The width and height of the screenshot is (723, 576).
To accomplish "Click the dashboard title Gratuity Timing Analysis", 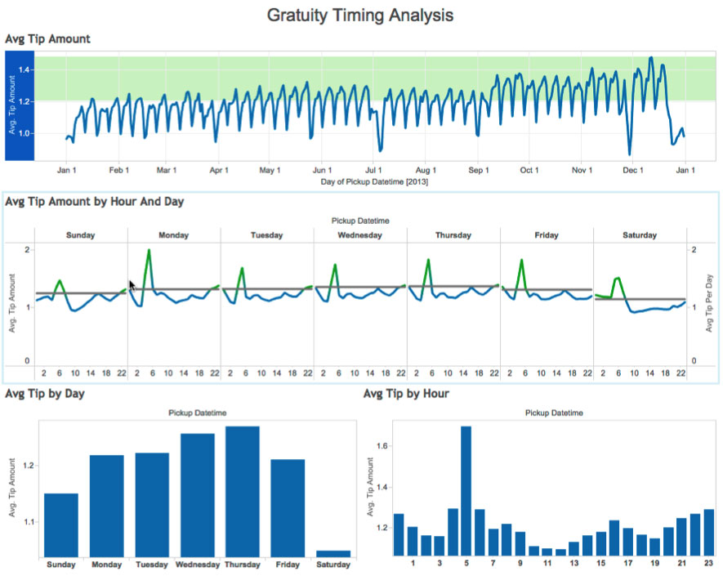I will [x=360, y=15].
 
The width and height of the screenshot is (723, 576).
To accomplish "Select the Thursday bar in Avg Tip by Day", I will [x=242, y=490].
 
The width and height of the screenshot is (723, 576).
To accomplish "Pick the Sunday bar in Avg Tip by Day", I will [x=61, y=524].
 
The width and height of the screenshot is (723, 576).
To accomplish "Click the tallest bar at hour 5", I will [x=466, y=490].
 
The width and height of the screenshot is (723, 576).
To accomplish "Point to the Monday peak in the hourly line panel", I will [x=149, y=251].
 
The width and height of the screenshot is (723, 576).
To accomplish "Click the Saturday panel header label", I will [x=639, y=235].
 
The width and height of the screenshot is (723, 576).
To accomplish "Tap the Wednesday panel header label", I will [x=359, y=235].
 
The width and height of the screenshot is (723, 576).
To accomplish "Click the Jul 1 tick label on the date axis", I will [x=375, y=170].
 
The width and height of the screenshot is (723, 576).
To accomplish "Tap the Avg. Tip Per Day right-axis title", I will [x=710, y=303].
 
